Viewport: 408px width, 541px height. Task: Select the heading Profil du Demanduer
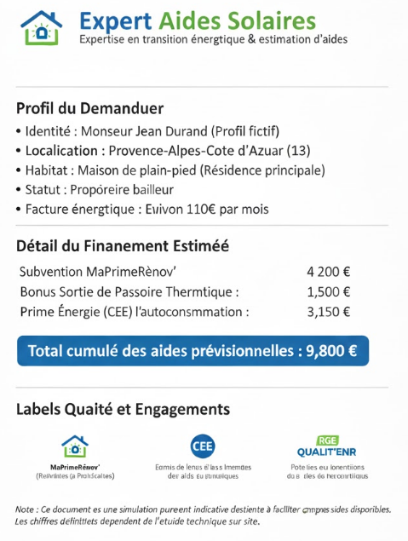coord(89,109)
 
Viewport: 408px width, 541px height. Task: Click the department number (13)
coord(298,151)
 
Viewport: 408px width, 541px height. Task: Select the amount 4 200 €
coord(328,273)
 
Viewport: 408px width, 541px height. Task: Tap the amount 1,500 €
coord(328,292)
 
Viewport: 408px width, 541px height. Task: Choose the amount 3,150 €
coord(328,312)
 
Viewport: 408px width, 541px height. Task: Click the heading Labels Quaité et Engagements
coord(123,409)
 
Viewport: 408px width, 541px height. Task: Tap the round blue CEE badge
coord(203,446)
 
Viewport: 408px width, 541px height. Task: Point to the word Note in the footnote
coord(25,509)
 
